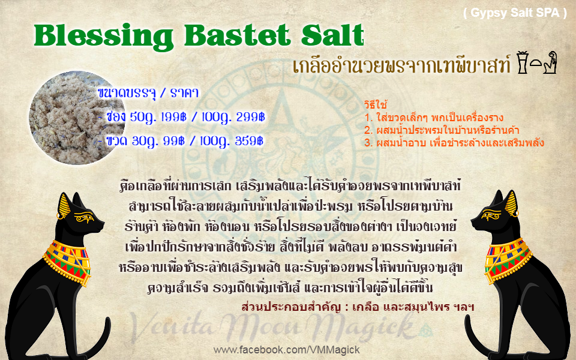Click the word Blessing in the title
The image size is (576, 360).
(x=104, y=37)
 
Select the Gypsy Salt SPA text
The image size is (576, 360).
(x=515, y=13)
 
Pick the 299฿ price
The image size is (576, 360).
(x=250, y=117)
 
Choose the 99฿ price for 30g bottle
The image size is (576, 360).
(x=173, y=141)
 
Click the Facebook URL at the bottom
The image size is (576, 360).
(x=287, y=350)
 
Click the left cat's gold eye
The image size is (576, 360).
(x=84, y=218)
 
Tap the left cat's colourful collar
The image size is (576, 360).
(x=67, y=262)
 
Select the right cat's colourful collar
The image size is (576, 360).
(x=508, y=260)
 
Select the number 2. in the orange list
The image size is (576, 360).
(x=368, y=130)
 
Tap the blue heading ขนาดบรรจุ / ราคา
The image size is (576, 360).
(x=148, y=93)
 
